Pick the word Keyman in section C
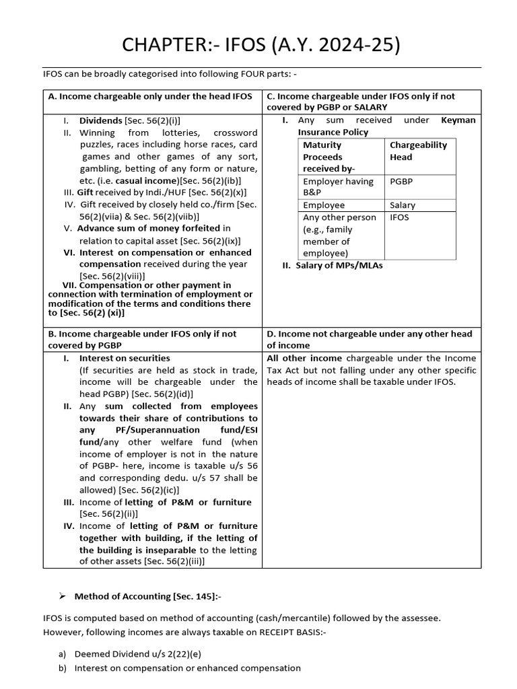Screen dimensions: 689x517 point(458,120)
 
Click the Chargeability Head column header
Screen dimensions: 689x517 point(418,151)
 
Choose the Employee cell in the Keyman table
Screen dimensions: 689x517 point(324,205)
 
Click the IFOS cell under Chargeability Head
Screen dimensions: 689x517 point(399,217)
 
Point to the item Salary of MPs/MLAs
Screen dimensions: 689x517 point(332,266)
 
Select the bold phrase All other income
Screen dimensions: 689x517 point(304,358)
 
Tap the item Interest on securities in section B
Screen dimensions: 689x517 point(125,358)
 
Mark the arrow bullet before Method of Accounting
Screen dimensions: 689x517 point(61,595)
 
